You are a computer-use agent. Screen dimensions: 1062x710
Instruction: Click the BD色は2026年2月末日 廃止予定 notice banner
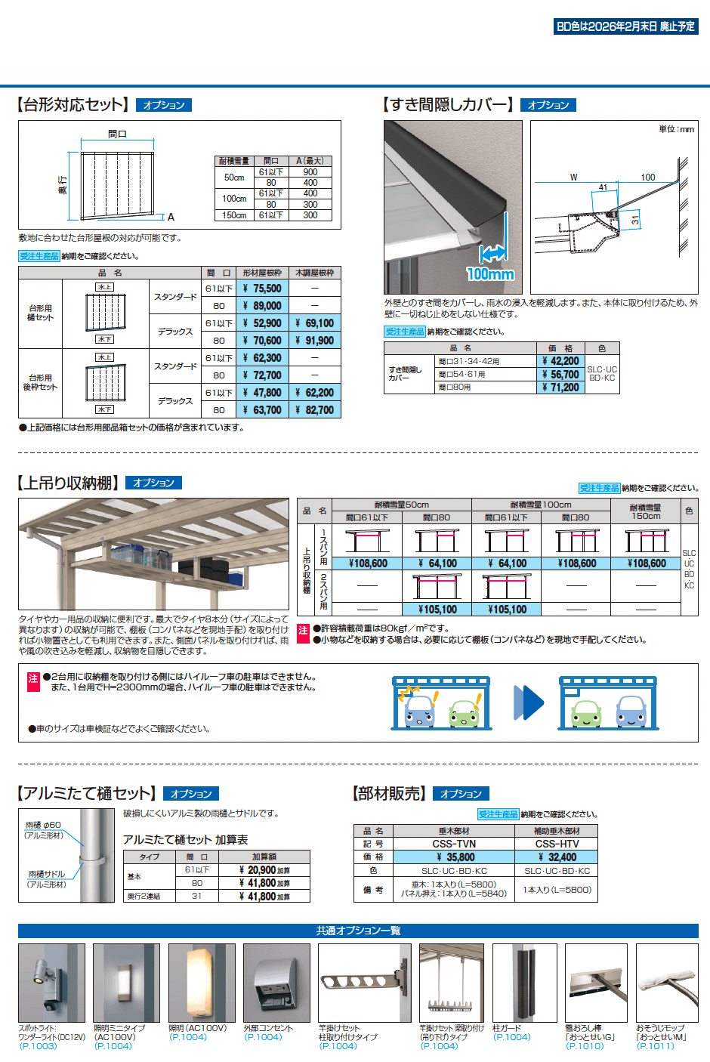click(x=625, y=26)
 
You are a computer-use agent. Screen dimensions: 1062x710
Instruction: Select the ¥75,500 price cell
click(x=262, y=289)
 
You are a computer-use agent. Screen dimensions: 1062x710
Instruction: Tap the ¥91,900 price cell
click(x=314, y=341)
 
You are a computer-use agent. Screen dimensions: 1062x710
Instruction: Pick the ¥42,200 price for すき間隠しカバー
click(x=560, y=361)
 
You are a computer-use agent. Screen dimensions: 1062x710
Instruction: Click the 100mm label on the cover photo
click(x=490, y=273)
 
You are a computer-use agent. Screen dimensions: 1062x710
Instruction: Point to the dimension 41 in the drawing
click(x=603, y=187)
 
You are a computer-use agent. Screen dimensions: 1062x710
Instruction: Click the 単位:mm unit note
click(x=676, y=129)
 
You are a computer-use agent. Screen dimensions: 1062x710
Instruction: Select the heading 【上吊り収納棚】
click(x=69, y=483)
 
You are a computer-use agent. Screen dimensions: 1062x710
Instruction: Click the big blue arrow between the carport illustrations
click(x=528, y=702)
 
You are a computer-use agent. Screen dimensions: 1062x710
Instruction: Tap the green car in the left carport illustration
click(x=464, y=711)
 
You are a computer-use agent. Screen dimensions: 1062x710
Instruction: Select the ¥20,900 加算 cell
click(x=264, y=870)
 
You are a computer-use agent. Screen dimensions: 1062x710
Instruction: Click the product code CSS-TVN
click(x=454, y=844)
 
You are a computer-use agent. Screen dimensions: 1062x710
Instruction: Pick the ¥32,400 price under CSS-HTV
click(x=557, y=857)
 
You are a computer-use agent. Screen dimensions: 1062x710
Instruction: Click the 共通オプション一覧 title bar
click(x=358, y=931)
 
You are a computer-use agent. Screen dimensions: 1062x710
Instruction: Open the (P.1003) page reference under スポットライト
click(x=38, y=1046)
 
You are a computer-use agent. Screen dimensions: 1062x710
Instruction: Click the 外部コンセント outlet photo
click(x=276, y=983)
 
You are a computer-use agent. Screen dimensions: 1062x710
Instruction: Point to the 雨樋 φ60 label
click(x=44, y=825)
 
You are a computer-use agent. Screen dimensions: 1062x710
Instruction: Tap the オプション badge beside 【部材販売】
click(x=461, y=794)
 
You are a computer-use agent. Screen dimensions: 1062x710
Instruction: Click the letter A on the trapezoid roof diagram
click(x=171, y=217)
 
